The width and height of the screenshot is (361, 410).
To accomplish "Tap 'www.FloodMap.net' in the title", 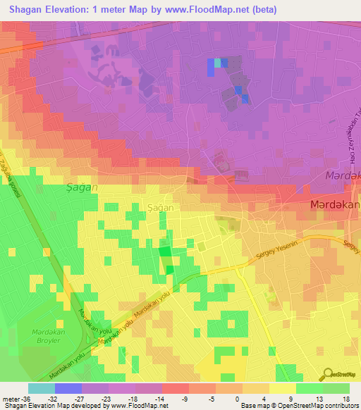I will coord(207,10).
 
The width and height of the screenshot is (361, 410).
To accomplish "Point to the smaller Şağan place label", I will coord(140,209).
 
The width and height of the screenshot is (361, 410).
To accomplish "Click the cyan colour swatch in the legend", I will coord(42,387).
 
